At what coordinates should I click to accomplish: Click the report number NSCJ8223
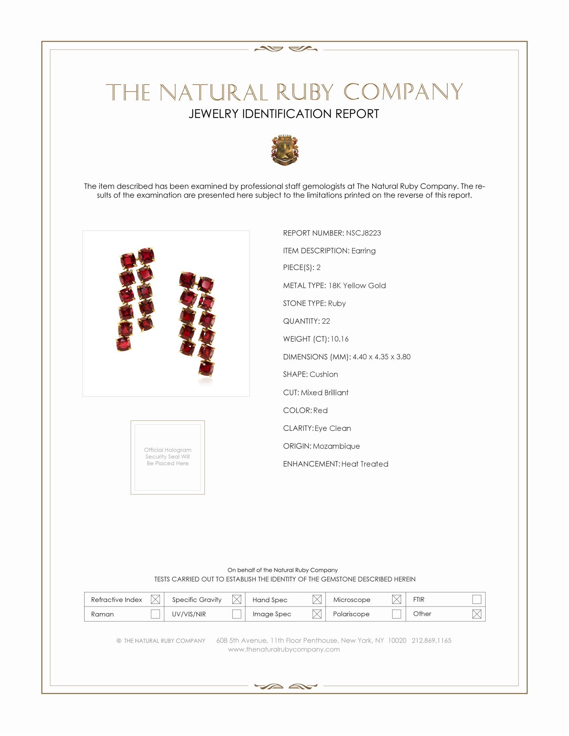tap(363, 233)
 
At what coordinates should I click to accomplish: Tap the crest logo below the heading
tap(284, 150)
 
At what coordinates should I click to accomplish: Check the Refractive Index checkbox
tap(155, 600)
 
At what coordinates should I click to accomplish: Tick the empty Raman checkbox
tap(155, 614)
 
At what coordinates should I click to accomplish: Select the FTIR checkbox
tap(476, 600)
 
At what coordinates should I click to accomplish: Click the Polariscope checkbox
tap(396, 614)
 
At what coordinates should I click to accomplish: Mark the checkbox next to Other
tap(476, 614)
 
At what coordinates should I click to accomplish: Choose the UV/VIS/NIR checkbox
tap(237, 614)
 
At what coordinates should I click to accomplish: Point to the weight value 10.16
tap(339, 339)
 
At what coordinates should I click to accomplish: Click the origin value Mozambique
tap(336, 446)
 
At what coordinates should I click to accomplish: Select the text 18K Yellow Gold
tap(357, 286)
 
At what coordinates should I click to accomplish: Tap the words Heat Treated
tap(365, 464)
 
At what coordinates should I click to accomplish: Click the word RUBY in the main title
tap(305, 92)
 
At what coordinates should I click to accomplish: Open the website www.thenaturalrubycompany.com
tap(284, 649)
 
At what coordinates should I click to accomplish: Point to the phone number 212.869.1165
tap(431, 641)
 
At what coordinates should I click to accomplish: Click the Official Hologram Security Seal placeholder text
tap(168, 457)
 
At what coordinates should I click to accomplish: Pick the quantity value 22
tap(326, 321)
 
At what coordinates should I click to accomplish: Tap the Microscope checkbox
tap(396, 600)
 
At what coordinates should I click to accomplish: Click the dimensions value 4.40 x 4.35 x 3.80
tap(381, 357)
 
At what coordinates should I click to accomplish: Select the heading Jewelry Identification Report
tap(284, 114)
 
